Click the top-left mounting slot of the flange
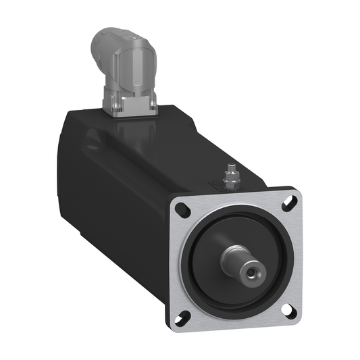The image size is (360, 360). point(182,209)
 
